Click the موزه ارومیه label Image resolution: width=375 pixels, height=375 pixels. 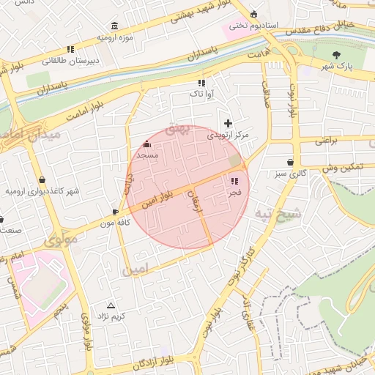click(115, 37)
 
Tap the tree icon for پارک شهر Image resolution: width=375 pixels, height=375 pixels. click(336, 55)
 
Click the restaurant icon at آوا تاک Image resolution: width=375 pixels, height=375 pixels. click(201, 82)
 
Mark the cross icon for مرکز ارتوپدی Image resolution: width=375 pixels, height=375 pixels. click(229, 123)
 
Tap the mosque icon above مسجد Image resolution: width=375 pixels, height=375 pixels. click(148, 144)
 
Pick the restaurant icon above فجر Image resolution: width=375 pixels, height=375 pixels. click(234, 181)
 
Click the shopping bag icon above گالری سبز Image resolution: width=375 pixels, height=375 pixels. click(292, 163)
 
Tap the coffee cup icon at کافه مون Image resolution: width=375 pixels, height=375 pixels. click(105, 212)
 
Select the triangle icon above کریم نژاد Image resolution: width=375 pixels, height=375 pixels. click(111, 305)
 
